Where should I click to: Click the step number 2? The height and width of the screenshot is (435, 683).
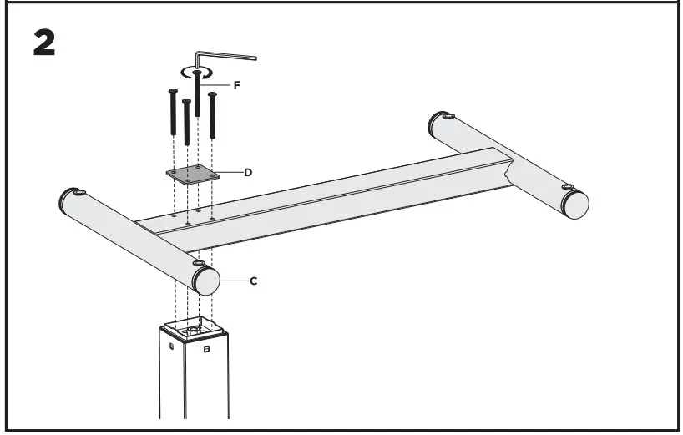tap(44, 43)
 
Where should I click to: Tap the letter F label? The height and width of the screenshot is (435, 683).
tap(237, 84)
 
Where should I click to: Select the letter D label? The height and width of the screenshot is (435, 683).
tap(248, 172)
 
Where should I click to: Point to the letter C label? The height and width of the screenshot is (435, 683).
tap(254, 281)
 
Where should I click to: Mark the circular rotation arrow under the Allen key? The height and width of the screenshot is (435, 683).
tap(197, 73)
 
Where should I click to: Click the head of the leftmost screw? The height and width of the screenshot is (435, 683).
tap(173, 91)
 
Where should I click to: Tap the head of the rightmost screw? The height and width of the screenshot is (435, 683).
tap(212, 94)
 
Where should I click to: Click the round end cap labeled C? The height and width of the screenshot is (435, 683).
tap(205, 281)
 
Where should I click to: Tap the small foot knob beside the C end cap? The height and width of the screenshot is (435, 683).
tap(199, 265)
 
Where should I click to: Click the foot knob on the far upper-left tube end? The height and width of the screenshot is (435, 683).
tap(79, 193)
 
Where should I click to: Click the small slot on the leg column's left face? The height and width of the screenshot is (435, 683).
tap(171, 344)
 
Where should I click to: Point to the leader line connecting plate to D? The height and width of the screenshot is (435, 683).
tap(230, 173)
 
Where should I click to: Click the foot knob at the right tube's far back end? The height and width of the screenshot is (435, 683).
tap(449, 117)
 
